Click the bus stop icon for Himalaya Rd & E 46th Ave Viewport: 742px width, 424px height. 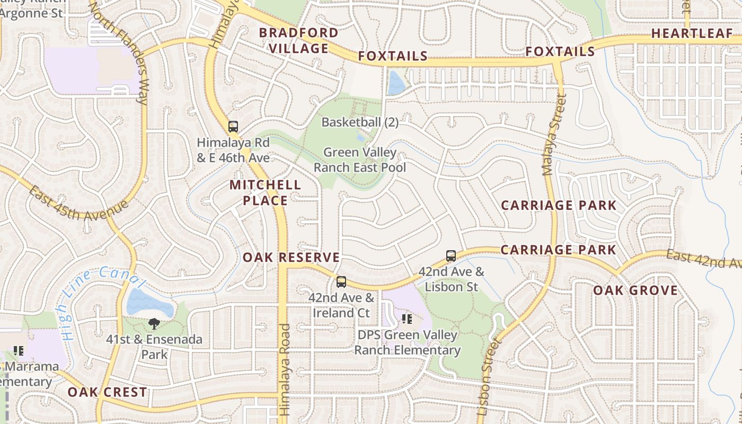click(233, 127)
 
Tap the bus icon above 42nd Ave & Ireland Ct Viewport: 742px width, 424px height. click(341, 282)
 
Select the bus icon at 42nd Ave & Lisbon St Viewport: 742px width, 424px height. click(451, 256)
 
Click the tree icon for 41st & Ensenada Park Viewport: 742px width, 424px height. click(154, 323)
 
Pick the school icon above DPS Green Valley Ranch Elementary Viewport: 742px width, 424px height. click(407, 319)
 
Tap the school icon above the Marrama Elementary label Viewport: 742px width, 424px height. click(19, 350)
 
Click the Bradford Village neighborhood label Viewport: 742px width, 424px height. click(298, 40)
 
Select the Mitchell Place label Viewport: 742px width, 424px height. click(266, 192)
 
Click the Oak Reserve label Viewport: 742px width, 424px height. click(291, 258)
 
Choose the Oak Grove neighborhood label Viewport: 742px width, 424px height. click(635, 290)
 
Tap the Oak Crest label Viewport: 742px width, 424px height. click(107, 392)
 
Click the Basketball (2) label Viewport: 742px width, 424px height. click(360, 122)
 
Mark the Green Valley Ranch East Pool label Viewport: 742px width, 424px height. click(360, 160)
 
